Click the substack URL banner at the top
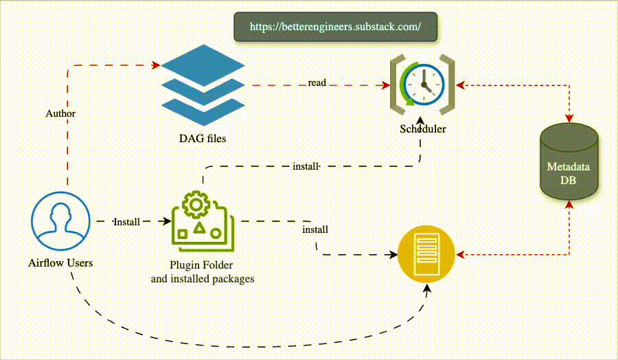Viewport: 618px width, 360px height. (335, 27)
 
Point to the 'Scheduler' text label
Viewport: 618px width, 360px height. (423, 129)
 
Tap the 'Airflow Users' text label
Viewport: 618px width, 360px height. (60, 262)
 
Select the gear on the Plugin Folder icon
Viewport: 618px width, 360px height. (197, 204)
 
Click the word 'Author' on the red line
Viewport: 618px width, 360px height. (60, 113)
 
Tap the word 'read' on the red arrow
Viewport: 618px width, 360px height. (317, 82)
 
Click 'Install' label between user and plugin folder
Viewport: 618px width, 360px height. (126, 222)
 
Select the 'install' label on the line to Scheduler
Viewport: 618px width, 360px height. (306, 166)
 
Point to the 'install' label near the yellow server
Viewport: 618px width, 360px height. (315, 229)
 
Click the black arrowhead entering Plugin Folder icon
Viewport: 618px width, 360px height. (165, 221)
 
